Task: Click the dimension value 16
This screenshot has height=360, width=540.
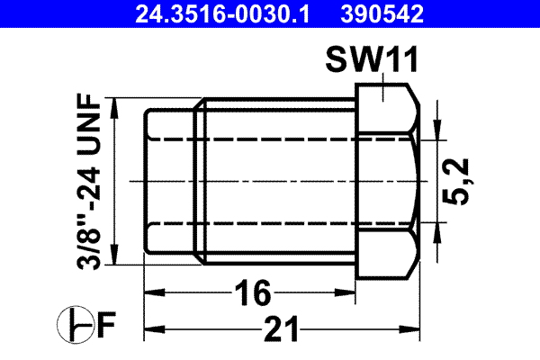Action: pos(252,292)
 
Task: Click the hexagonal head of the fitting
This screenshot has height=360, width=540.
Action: pos(386,180)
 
